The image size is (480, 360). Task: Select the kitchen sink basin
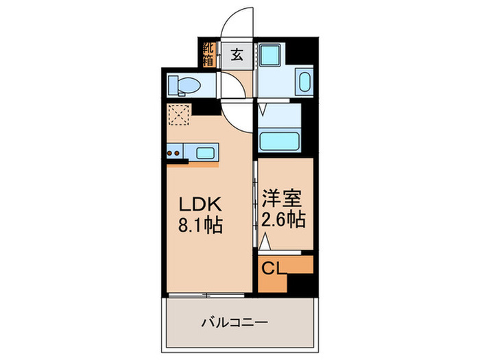point(205,152)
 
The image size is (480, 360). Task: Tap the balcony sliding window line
point(205,295)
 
